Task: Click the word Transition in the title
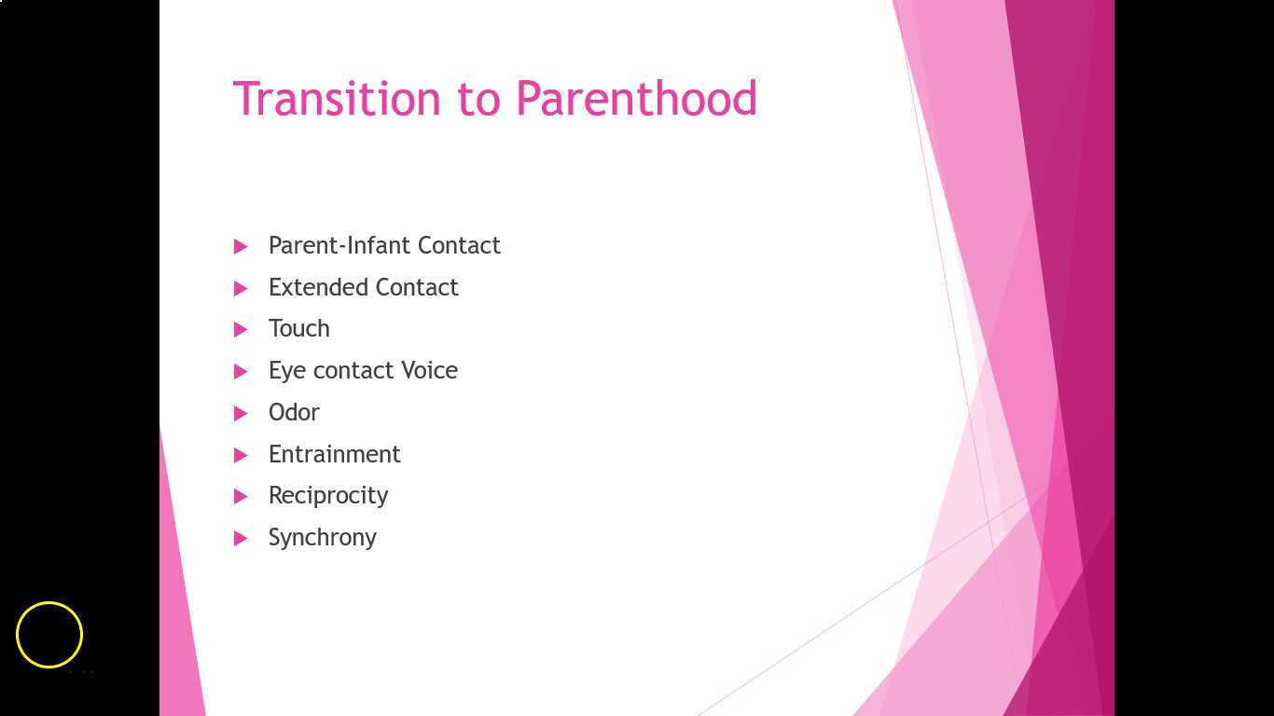336,99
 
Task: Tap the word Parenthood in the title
636,99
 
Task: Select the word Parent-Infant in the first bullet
339,245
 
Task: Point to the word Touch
298,328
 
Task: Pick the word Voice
429,370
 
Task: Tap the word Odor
294,412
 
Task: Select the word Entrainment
334,454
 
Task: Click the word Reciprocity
328,496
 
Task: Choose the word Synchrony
322,538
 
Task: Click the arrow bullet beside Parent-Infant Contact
241,246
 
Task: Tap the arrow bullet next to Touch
241,329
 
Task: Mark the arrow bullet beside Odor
241,413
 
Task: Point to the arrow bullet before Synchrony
241,538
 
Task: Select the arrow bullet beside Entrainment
241,455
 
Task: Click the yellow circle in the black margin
49,635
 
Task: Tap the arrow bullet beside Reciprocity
241,496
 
